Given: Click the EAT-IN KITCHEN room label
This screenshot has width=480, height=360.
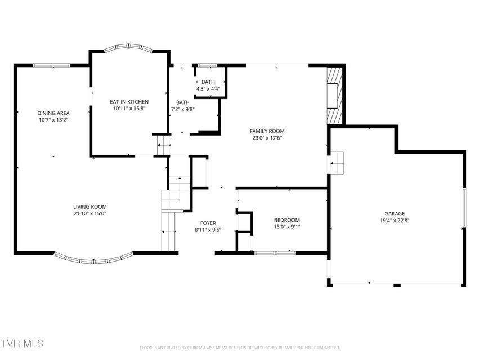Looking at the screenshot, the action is (129, 102).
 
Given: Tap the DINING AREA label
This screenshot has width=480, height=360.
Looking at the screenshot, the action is (53, 113).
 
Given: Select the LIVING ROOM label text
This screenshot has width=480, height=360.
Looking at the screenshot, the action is (89, 206).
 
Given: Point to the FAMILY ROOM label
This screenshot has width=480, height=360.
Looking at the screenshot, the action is (267, 131).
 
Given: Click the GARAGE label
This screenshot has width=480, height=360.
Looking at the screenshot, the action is (394, 214).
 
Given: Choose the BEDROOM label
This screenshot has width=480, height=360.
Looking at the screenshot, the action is (287, 220).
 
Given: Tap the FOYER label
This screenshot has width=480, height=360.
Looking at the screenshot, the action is (208, 223).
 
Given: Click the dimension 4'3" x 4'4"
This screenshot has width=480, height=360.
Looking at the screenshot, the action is (208, 89).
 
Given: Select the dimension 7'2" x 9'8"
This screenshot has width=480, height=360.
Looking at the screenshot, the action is (183, 109).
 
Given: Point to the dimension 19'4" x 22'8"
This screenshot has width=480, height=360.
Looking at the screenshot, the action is (394, 220).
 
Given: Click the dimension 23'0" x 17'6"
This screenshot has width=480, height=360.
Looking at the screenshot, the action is (267, 138).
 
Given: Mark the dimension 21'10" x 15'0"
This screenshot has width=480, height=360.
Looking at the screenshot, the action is (89, 213).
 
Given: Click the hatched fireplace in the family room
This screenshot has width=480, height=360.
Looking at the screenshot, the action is (334, 96).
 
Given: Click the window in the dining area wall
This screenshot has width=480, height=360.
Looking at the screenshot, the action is (52, 65).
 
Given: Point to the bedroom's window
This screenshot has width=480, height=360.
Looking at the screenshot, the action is (275, 253).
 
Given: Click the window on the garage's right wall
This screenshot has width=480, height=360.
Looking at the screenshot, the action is (464, 208).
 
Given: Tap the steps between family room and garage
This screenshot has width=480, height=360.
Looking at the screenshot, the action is (337, 163).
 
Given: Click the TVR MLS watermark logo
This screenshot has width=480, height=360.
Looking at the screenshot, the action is (22, 343).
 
